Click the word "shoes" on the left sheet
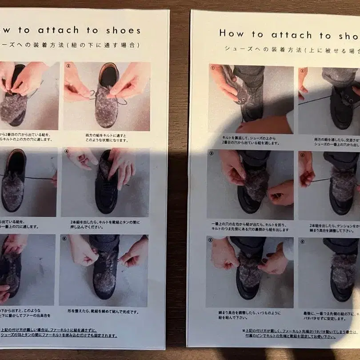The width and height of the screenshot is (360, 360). [x=123, y=31]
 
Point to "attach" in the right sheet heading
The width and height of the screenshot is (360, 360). [x=290, y=35]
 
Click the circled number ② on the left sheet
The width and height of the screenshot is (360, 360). [x=68, y=65]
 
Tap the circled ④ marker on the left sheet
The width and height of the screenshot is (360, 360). [x=67, y=152]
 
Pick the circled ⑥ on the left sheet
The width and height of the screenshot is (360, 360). [x=65, y=238]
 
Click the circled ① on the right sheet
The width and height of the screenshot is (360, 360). [x=213, y=68]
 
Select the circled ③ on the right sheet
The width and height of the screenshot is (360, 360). [x=211, y=153]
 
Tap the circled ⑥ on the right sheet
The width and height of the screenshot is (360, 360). [x=302, y=242]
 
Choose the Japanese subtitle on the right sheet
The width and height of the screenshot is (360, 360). [x=289, y=48]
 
